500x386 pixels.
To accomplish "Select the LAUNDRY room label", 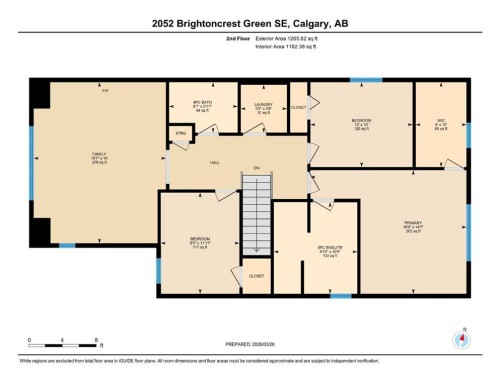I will click(264, 107).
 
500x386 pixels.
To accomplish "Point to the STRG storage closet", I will click(182, 132).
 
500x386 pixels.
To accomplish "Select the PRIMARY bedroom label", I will click(414, 226).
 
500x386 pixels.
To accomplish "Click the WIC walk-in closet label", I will click(440, 126).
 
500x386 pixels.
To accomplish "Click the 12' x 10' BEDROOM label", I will click(361, 125).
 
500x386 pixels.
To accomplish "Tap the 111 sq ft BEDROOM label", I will click(199, 242).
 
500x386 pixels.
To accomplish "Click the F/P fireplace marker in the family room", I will click(103, 90).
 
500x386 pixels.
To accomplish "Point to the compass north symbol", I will click(461, 338).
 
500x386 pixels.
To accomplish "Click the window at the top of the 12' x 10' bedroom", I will click(365, 80).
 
